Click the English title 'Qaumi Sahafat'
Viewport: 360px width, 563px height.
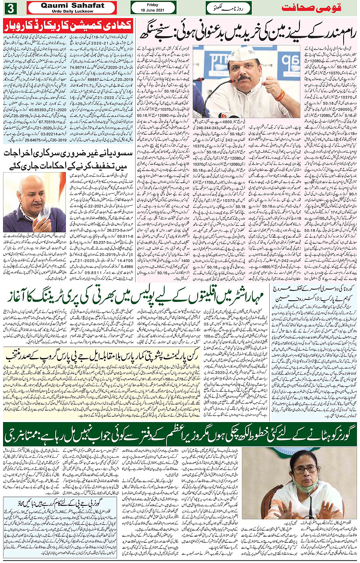coord(72,5)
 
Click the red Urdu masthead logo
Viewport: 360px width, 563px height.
coord(311,8)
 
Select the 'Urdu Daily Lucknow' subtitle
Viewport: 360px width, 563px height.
coord(72,11)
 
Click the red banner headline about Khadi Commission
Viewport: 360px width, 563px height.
coord(68,26)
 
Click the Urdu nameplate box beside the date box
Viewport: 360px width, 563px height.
coord(229,8)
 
